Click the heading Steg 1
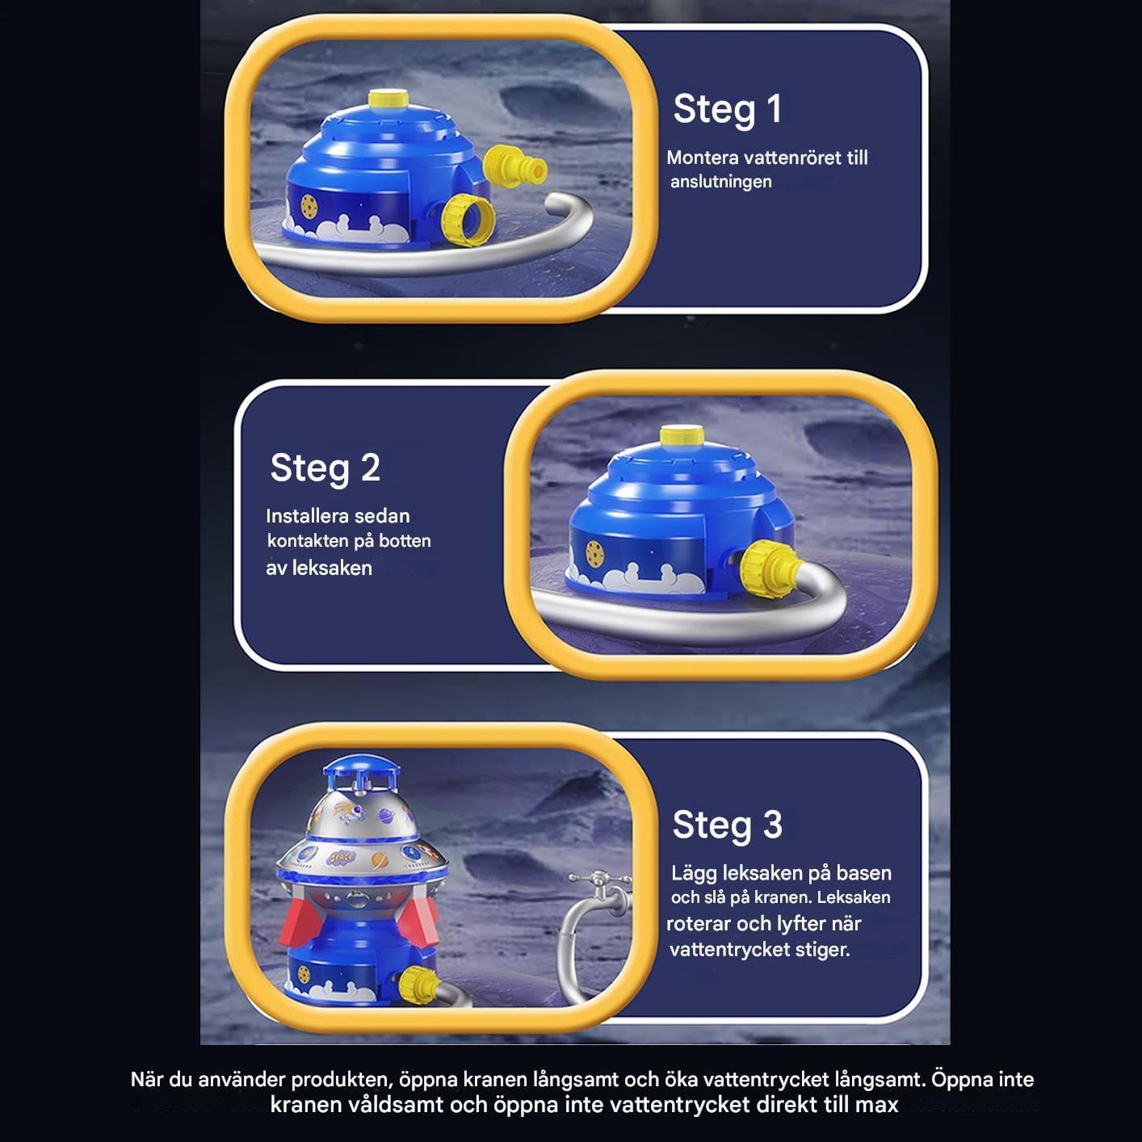tap(727, 110)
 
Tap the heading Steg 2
tap(325, 468)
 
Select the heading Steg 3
tap(727, 825)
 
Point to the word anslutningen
tap(720, 182)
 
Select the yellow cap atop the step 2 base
tap(682, 435)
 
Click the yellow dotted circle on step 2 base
tap(594, 553)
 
